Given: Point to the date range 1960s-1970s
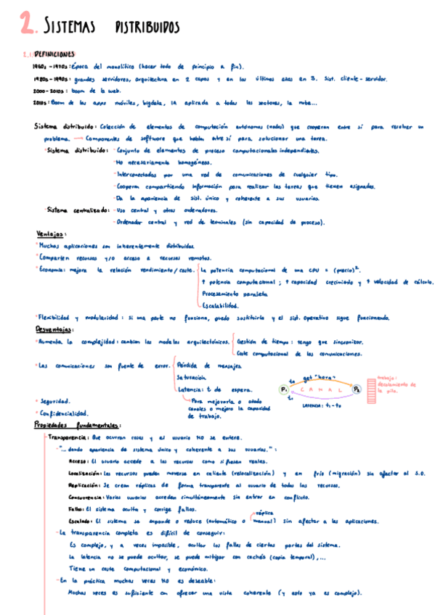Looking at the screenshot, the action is pos(46,65).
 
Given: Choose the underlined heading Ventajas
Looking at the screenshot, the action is pos(52,234).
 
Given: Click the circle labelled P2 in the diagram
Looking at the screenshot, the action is pos(357,390).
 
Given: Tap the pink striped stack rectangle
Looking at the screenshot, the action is pos(375,389).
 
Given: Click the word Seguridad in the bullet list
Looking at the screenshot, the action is pos(56,401).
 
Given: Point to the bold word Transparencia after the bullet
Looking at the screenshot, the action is pos(70,438).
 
